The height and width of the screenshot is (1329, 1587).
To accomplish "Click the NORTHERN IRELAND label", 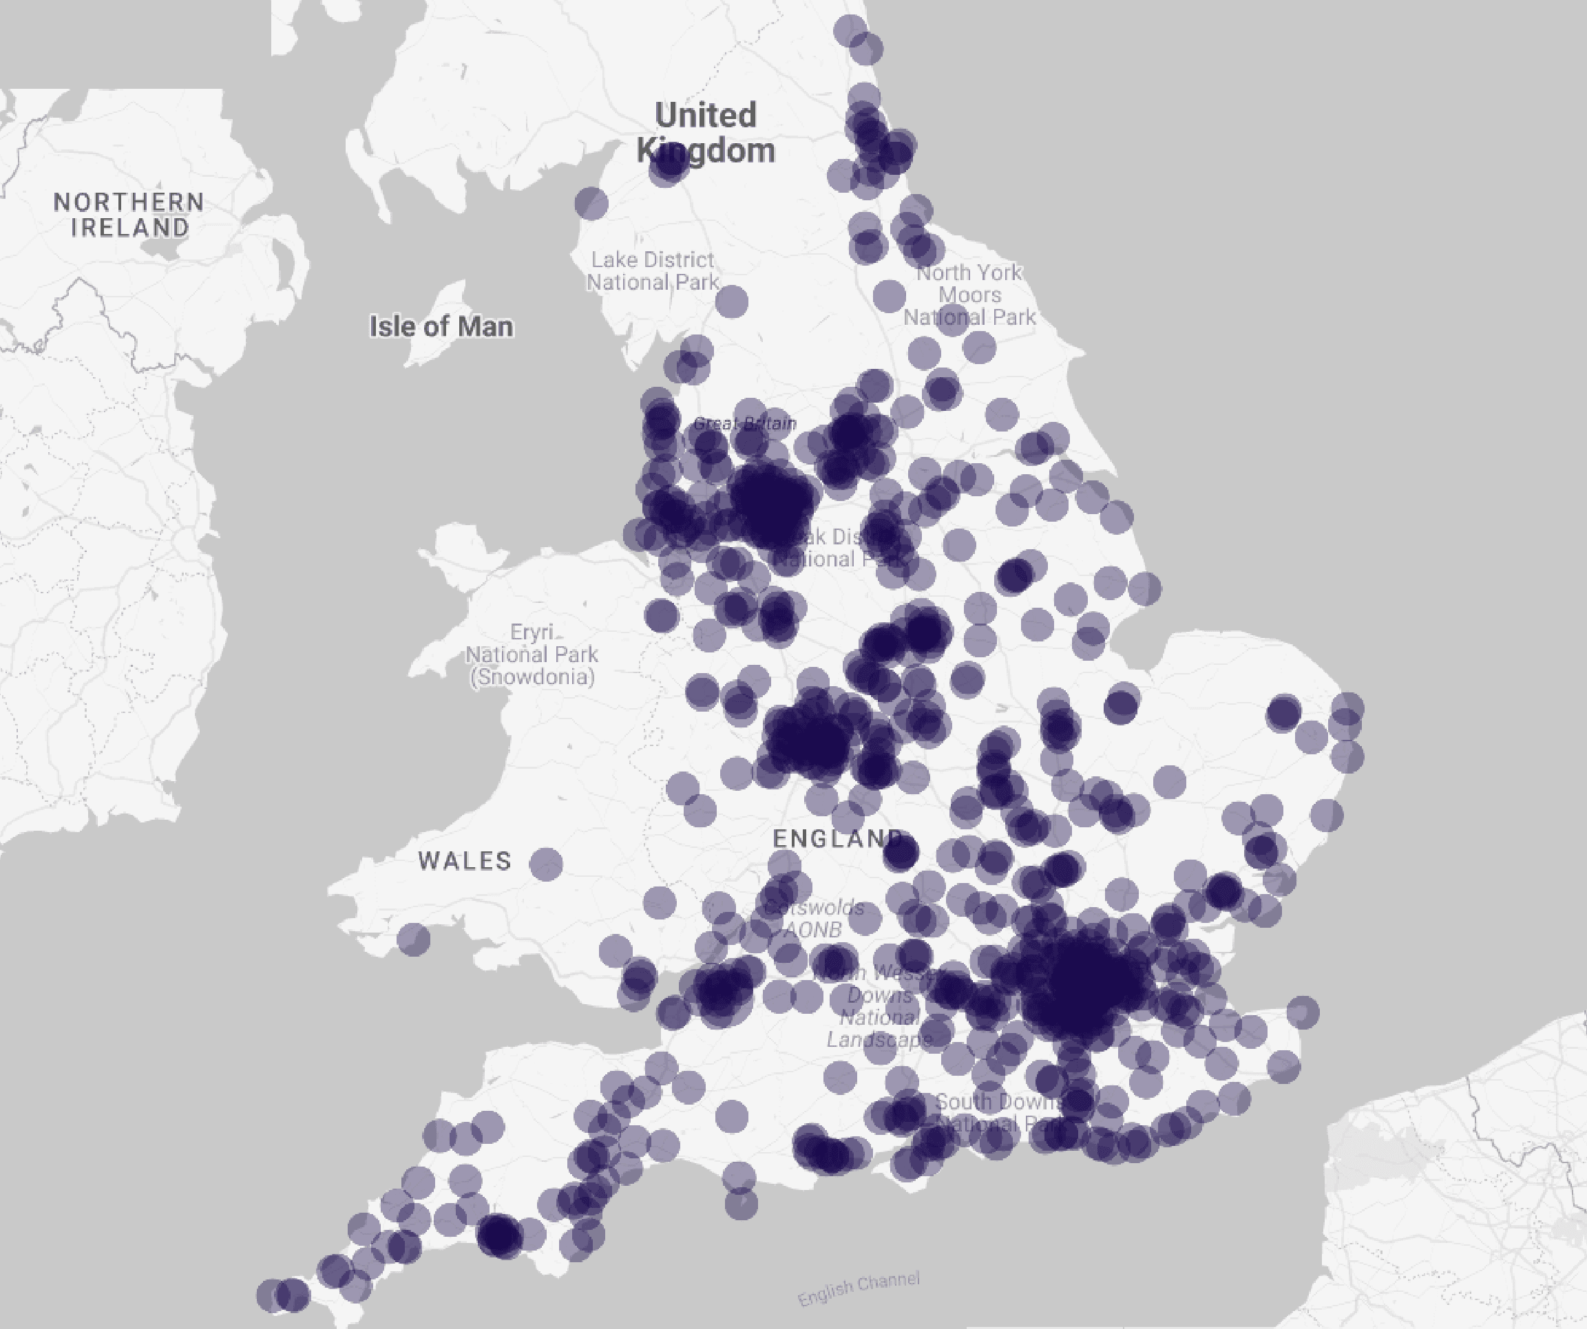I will coord(129,215).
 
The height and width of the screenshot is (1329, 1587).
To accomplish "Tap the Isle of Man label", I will coord(441,326).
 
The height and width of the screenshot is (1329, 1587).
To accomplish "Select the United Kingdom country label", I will coord(706,132).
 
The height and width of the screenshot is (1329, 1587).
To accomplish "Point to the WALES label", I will coord(465,860).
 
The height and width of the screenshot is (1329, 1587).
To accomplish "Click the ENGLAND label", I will coord(837,838).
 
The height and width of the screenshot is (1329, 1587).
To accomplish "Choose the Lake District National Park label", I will coord(653,270).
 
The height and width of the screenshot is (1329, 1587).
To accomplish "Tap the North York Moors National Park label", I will coord(969,295).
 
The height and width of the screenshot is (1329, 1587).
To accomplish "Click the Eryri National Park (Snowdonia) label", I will coord(532,655).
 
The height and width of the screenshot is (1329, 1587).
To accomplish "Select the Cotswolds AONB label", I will coord(813,918).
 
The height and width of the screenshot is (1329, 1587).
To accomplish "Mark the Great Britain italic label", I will coord(744,423).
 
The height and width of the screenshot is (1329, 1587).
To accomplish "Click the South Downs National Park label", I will coord(998,1113).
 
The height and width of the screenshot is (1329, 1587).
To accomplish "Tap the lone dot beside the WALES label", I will coord(545,864).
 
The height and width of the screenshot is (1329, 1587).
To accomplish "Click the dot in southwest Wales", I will coord(413,939).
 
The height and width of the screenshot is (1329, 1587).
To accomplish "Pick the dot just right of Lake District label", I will coord(731,302).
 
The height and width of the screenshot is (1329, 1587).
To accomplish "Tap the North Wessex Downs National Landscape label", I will coord(879,1006).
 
